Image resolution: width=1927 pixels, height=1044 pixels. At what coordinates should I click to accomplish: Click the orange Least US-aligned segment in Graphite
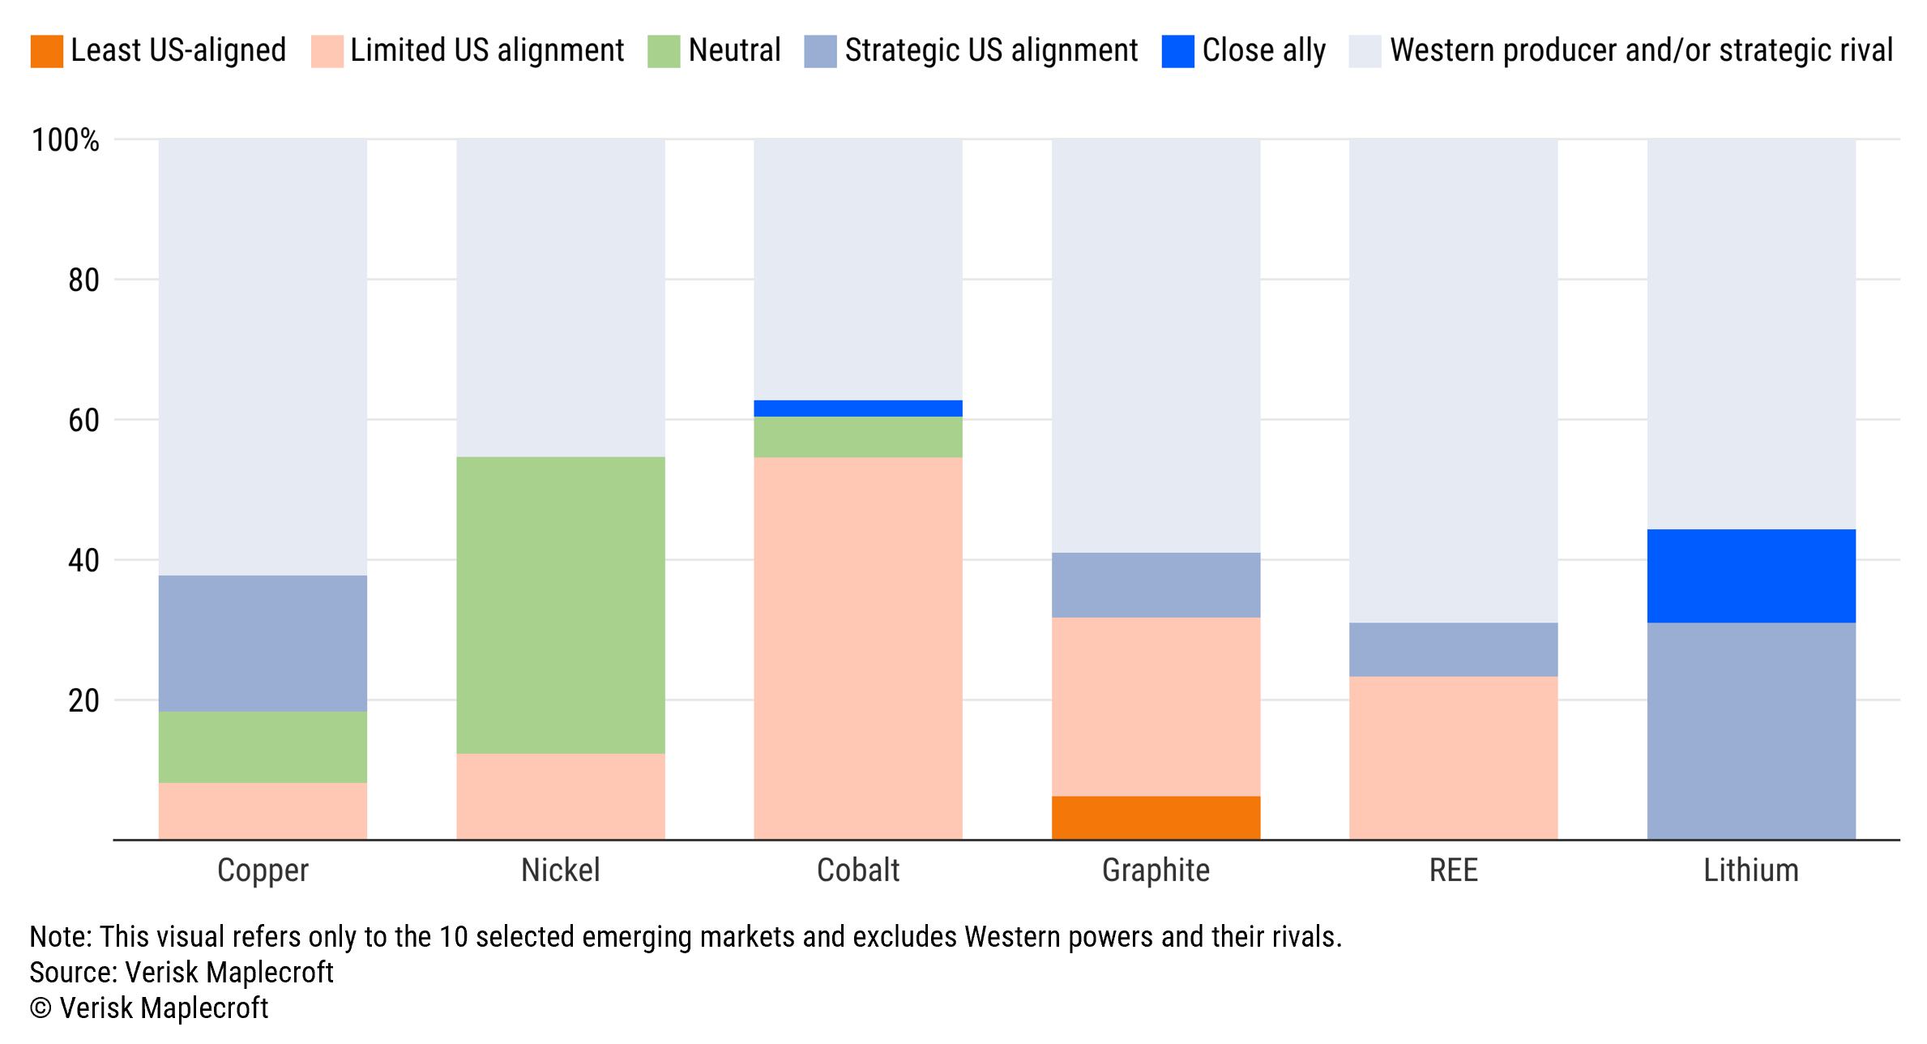click(x=1156, y=817)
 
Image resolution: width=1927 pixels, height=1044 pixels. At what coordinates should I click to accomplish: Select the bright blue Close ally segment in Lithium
click(x=1751, y=575)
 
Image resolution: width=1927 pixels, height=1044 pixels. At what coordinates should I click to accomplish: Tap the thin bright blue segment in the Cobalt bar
click(x=858, y=408)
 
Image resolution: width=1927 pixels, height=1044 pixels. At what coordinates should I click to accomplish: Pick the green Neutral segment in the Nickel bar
click(x=561, y=605)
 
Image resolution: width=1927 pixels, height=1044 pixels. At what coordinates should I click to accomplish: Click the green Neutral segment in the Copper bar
click(x=263, y=747)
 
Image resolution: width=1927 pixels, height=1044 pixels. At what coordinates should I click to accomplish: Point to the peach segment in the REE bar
click(x=1453, y=757)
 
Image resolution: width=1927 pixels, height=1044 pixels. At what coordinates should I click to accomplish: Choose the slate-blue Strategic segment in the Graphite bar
click(x=1156, y=584)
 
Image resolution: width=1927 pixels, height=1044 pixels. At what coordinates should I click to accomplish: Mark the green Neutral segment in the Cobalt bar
click(x=858, y=437)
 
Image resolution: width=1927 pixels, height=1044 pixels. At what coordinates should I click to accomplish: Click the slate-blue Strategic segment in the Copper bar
click(x=263, y=643)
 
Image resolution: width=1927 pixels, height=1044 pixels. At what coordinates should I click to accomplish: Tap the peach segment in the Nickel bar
click(x=561, y=796)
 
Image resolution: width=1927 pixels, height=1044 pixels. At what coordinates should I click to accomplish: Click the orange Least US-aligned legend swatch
click(x=46, y=51)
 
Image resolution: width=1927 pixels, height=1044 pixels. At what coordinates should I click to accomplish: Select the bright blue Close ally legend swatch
click(x=1177, y=51)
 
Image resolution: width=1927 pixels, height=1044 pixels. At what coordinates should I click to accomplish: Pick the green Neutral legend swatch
click(x=664, y=51)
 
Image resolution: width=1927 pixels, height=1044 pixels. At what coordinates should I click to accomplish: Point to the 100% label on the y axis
click(x=65, y=140)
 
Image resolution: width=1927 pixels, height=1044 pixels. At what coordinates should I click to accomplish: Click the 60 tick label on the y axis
click(x=83, y=421)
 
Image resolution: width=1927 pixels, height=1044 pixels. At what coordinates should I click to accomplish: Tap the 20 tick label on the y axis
click(x=83, y=701)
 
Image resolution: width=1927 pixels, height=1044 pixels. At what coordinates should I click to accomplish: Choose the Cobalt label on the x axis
click(x=858, y=871)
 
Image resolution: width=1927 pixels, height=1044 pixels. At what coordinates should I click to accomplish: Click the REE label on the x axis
click(x=1453, y=871)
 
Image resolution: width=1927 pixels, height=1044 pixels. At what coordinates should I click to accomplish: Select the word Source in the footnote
click(x=73, y=973)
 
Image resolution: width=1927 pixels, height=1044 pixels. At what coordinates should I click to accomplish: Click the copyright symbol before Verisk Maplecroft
click(x=41, y=1008)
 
